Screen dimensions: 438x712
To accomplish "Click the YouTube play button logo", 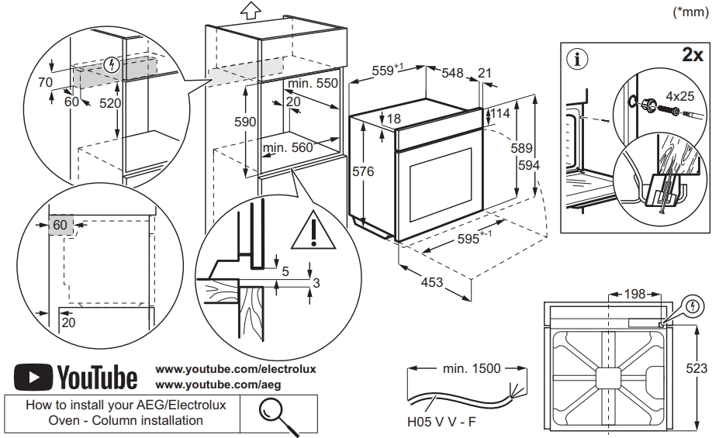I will point(32,378).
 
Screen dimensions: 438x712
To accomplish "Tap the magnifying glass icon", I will point(277,413).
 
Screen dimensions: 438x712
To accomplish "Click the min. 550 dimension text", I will point(313,83).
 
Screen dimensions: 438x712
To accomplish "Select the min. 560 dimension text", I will point(288,148).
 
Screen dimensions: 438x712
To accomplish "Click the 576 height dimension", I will point(363,171).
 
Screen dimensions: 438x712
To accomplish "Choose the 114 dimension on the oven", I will point(500,113).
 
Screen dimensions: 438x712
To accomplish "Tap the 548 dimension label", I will point(452,73).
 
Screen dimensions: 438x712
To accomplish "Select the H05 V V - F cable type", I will point(442,424).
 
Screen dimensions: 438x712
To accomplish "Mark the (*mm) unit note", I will point(691,11).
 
